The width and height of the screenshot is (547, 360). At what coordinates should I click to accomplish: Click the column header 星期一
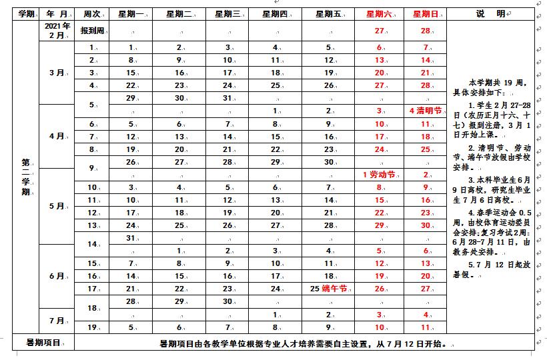point(131,13)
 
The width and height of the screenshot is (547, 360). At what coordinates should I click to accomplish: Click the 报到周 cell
point(91,31)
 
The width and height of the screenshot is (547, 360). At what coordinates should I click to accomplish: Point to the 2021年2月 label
point(57,30)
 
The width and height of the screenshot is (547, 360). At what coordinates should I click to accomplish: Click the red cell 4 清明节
point(425,111)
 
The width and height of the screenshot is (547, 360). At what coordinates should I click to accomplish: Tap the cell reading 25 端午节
point(330,289)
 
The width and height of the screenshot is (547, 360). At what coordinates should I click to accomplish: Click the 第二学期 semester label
point(26,177)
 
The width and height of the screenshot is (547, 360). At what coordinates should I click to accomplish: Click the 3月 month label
point(57,73)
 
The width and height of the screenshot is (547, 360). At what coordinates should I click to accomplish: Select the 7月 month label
point(57,321)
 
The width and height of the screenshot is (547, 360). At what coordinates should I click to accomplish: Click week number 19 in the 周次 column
point(92,327)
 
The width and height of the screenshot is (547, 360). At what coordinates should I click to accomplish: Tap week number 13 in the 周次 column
point(92,225)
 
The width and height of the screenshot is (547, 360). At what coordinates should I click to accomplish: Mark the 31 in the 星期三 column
point(227,98)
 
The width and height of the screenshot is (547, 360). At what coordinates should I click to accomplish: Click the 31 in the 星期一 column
point(131,238)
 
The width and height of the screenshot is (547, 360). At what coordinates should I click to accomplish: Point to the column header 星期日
point(425,13)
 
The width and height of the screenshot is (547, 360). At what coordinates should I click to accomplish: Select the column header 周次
point(91,13)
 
